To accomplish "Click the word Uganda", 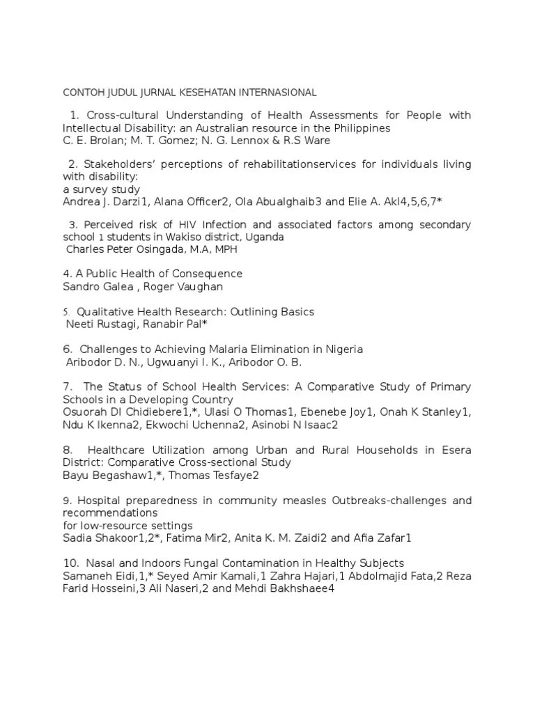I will tap(262, 237).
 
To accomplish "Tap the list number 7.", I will tap(67, 386).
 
